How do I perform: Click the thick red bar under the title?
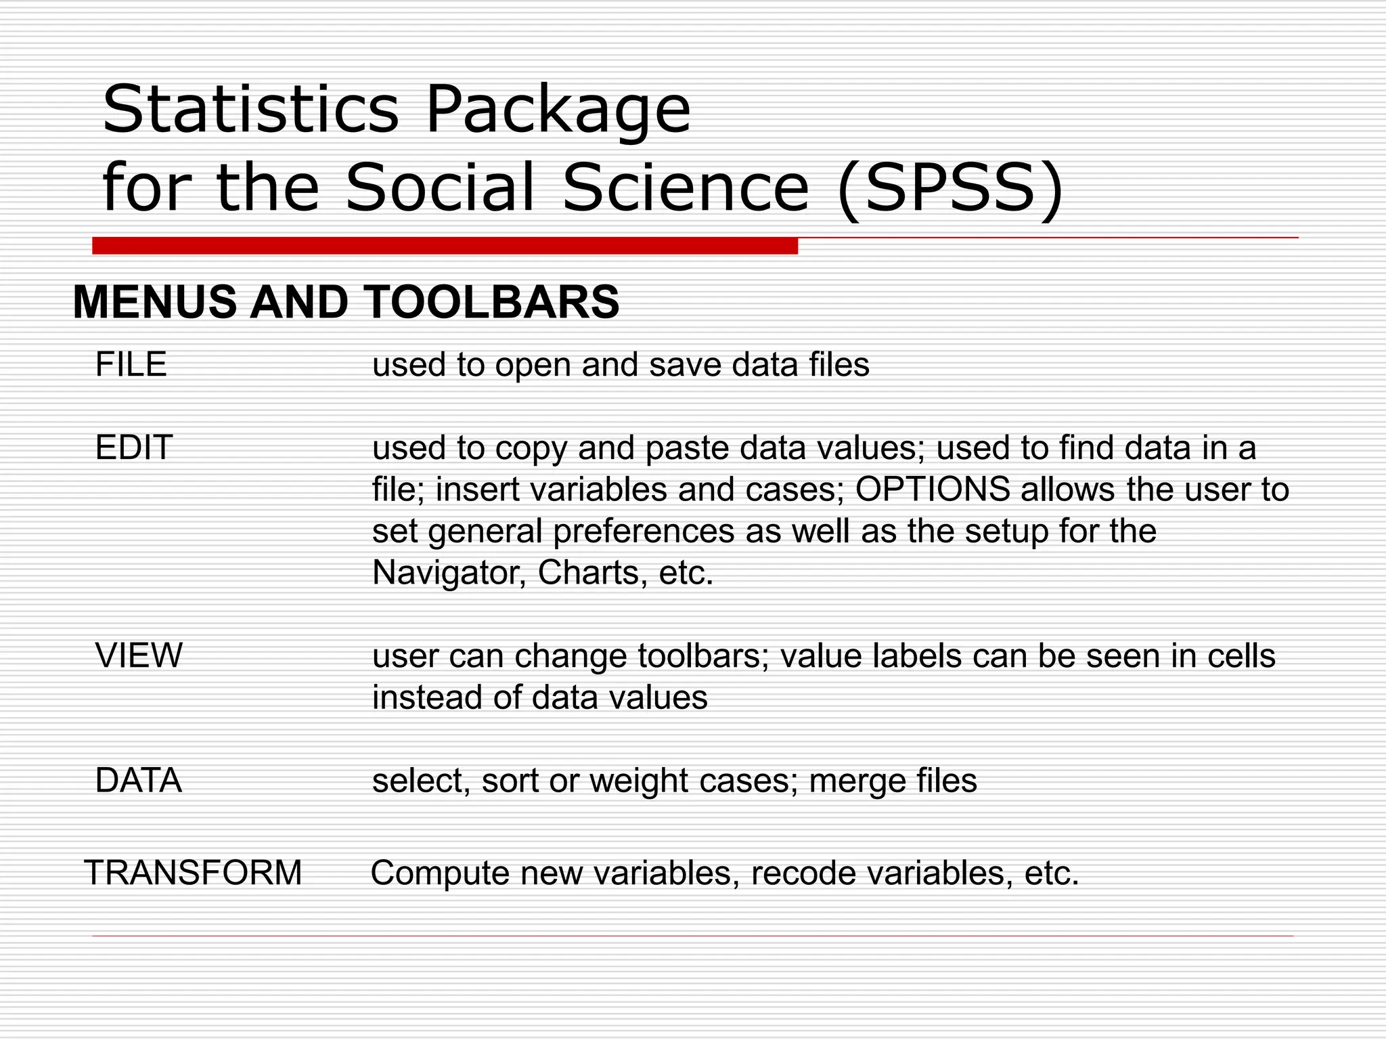coord(445,246)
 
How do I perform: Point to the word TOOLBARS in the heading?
coord(491,302)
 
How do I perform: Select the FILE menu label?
coord(131,364)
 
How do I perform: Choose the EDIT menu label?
coord(134,448)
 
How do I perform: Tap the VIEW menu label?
coord(139,655)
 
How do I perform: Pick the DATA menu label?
coord(139,780)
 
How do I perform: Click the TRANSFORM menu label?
coord(193,872)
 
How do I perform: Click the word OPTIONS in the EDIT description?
coord(933,489)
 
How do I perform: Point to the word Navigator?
coord(449,573)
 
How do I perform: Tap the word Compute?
coord(439,873)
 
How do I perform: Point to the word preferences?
coord(643,532)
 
